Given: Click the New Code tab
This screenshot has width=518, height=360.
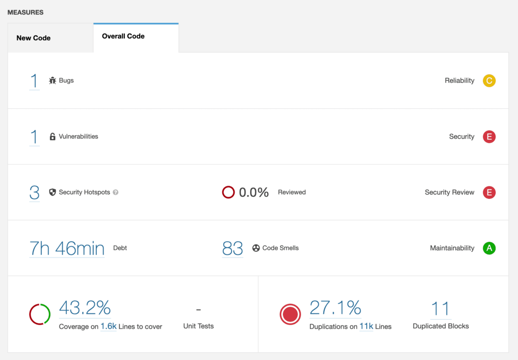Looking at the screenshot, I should [34, 38].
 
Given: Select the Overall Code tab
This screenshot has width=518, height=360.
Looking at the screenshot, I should [123, 36].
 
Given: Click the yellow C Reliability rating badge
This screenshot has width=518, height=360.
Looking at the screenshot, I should [489, 81].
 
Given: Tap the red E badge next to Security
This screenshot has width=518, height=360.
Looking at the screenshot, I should [489, 137].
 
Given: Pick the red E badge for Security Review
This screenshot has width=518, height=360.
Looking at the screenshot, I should [489, 193].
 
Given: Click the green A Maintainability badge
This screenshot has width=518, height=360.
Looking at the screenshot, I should [489, 249].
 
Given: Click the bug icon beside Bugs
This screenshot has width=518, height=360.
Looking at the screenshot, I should [52, 81].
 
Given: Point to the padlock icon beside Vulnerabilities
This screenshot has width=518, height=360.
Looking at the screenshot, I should [52, 137].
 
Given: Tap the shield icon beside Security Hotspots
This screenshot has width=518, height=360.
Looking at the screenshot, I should [52, 192].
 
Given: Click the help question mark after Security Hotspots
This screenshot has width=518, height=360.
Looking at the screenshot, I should [116, 193].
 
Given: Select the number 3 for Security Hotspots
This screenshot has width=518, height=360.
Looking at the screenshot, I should [34, 192].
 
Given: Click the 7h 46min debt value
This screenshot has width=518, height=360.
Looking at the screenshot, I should [67, 249].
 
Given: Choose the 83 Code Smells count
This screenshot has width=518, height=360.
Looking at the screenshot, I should [233, 249].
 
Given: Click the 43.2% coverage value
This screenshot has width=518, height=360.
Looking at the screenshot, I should [85, 308].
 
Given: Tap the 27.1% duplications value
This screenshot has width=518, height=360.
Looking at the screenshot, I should [335, 308].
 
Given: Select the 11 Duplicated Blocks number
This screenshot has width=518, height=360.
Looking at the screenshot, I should [440, 309].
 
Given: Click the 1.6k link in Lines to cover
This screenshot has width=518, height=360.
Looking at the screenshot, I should [108, 327].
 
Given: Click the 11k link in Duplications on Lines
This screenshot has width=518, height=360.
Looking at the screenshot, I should [366, 327].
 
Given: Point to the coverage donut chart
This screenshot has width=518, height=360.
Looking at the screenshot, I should [40, 314].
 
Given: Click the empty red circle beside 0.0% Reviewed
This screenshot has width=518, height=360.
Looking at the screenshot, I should [228, 193].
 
